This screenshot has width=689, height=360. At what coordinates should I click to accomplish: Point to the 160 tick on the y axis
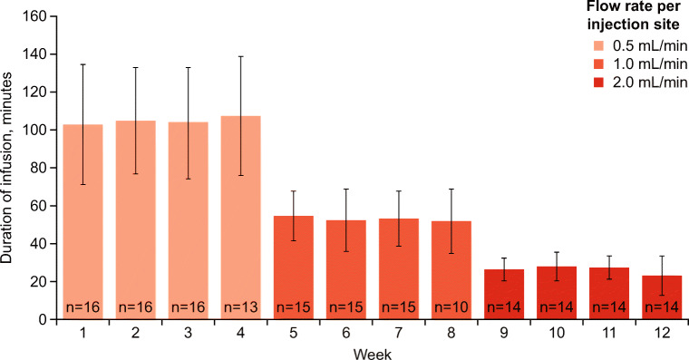[x=34, y=16]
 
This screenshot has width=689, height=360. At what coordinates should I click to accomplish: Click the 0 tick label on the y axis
[x=42, y=319]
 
